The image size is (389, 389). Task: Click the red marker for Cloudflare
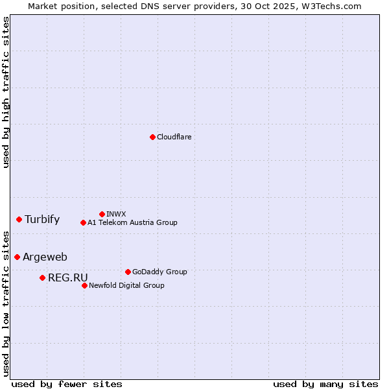[152, 137]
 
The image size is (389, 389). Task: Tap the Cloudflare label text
[174, 137]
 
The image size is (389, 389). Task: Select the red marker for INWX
[102, 214]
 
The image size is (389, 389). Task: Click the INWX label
[117, 214]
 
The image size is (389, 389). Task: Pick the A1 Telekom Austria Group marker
[83, 222]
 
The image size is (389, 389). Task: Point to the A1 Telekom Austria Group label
[132, 222]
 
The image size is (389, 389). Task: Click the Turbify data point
[19, 219]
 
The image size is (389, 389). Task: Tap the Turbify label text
[42, 219]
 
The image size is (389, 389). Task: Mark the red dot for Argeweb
[17, 257]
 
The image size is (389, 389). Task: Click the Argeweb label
[45, 257]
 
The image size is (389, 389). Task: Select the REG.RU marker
[42, 277]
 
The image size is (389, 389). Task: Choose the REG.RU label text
[67, 277]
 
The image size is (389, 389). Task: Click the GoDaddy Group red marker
[128, 272]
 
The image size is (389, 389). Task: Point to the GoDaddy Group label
[159, 272]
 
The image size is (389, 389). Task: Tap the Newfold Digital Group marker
[84, 285]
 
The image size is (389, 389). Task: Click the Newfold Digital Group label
[126, 285]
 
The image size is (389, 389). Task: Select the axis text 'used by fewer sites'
[67, 384]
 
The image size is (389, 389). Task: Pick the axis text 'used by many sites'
[325, 384]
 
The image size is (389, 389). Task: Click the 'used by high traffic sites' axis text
[6, 92]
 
